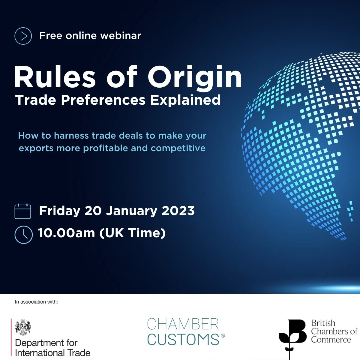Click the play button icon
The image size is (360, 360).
[23, 36]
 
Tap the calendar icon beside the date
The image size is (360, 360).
[23, 211]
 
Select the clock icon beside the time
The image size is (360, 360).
[23, 235]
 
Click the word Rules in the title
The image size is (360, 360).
[55, 77]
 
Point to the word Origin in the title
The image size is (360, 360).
[195, 77]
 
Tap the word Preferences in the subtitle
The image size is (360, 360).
[103, 100]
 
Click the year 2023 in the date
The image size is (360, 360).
[178, 211]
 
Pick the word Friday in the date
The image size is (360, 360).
[60, 211]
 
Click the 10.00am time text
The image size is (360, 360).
[66, 233]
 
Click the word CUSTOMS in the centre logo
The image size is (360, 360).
[183, 340]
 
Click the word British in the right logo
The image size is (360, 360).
[323, 323]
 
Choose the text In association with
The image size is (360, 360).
[36, 302]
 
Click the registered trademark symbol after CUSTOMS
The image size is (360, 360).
[223, 335]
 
